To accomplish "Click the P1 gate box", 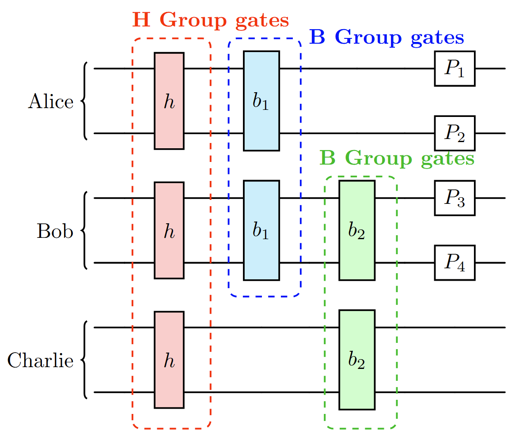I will click(x=454, y=69).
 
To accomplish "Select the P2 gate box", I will click(x=454, y=133).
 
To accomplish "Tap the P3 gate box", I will click(x=454, y=198).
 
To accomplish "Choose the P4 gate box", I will click(x=454, y=263).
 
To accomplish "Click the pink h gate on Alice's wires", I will click(x=169, y=101).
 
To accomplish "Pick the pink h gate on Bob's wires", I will click(x=169, y=230).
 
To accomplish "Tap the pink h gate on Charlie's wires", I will click(x=169, y=360).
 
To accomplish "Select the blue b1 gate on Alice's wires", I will click(x=261, y=101).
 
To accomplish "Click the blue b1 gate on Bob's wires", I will click(x=261, y=230).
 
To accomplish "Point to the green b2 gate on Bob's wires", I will click(x=357, y=230).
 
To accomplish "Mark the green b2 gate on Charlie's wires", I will click(x=357, y=360).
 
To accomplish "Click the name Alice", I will click(x=51, y=101).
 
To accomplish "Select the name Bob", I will click(x=55, y=231).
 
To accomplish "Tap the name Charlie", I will click(x=40, y=361).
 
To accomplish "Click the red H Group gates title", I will click(x=211, y=20).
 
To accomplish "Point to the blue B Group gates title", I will click(x=387, y=38).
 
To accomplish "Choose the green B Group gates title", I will click(x=397, y=158).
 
